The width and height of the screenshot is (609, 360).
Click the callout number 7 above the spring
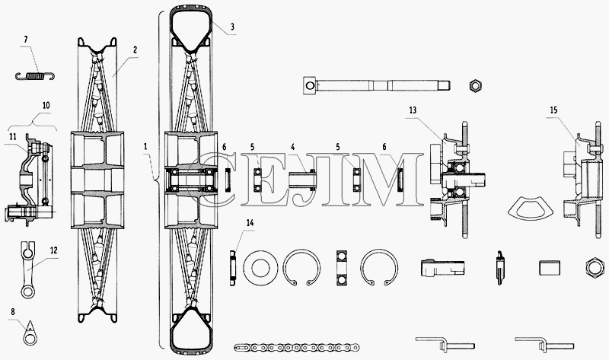(26, 40)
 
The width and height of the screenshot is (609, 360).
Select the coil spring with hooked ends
(35, 76)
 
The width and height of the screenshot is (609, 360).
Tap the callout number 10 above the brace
(46, 105)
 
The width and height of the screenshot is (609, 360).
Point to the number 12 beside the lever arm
(54, 250)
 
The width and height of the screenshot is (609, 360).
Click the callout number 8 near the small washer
(13, 311)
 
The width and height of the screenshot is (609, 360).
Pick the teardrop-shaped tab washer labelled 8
(30, 333)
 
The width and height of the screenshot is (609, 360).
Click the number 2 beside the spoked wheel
(135, 49)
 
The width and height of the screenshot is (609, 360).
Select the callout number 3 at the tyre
(232, 27)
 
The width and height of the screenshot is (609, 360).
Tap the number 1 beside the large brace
(145, 147)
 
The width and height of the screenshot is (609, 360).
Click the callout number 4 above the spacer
(293, 147)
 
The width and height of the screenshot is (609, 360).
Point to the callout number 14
(250, 222)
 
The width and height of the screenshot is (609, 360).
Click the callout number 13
(413, 110)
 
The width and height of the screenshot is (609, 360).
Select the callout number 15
(553, 110)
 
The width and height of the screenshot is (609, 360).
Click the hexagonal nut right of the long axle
(475, 85)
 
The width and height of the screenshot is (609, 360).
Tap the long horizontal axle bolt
(376, 85)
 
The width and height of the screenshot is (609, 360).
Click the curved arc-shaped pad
(530, 210)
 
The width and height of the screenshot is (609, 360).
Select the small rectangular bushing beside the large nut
(550, 268)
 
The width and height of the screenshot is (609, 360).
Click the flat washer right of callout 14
(260, 268)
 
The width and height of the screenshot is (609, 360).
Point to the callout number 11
(13, 136)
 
